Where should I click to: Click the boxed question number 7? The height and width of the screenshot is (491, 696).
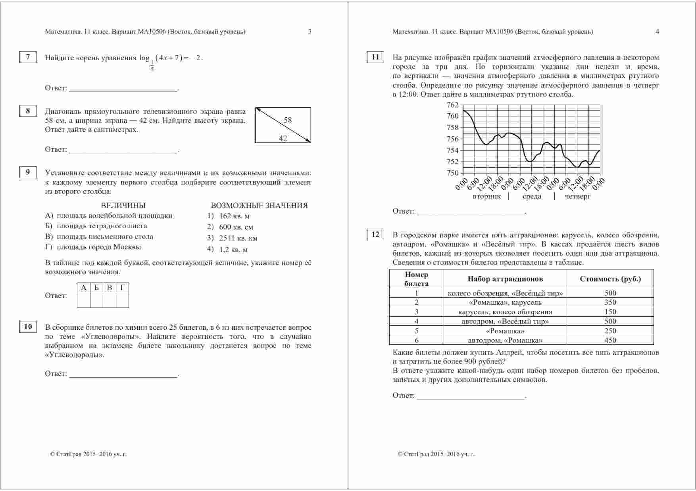[x=28, y=57]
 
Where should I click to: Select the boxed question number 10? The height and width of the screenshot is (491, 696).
[x=28, y=327]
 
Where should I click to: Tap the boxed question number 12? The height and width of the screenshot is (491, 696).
[x=375, y=235]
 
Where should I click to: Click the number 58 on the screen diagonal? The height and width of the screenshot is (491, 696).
[x=288, y=120]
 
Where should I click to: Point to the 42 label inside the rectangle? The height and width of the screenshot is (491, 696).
[x=283, y=138]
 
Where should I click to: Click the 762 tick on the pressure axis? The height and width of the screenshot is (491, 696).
[x=452, y=105]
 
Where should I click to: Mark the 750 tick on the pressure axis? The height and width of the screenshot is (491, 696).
[x=452, y=173]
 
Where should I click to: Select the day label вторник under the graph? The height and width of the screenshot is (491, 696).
[x=486, y=197]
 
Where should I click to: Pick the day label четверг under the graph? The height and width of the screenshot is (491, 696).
[x=578, y=197]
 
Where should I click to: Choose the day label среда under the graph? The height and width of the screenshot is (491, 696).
[x=532, y=197]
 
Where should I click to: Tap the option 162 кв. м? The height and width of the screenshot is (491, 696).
[x=234, y=216]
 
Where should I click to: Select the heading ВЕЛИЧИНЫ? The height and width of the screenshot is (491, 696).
[x=123, y=205]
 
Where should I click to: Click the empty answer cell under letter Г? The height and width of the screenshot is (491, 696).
[x=122, y=300]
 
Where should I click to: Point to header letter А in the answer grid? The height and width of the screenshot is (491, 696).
[x=83, y=288]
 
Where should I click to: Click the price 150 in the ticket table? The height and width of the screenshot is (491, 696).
[x=610, y=312]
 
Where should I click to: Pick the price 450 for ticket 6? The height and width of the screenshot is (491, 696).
[x=610, y=340]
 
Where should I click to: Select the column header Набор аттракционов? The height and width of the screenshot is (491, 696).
[x=505, y=279]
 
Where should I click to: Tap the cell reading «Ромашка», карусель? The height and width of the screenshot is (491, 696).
[x=505, y=302]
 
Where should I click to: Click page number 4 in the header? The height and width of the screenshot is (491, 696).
[x=657, y=32]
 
